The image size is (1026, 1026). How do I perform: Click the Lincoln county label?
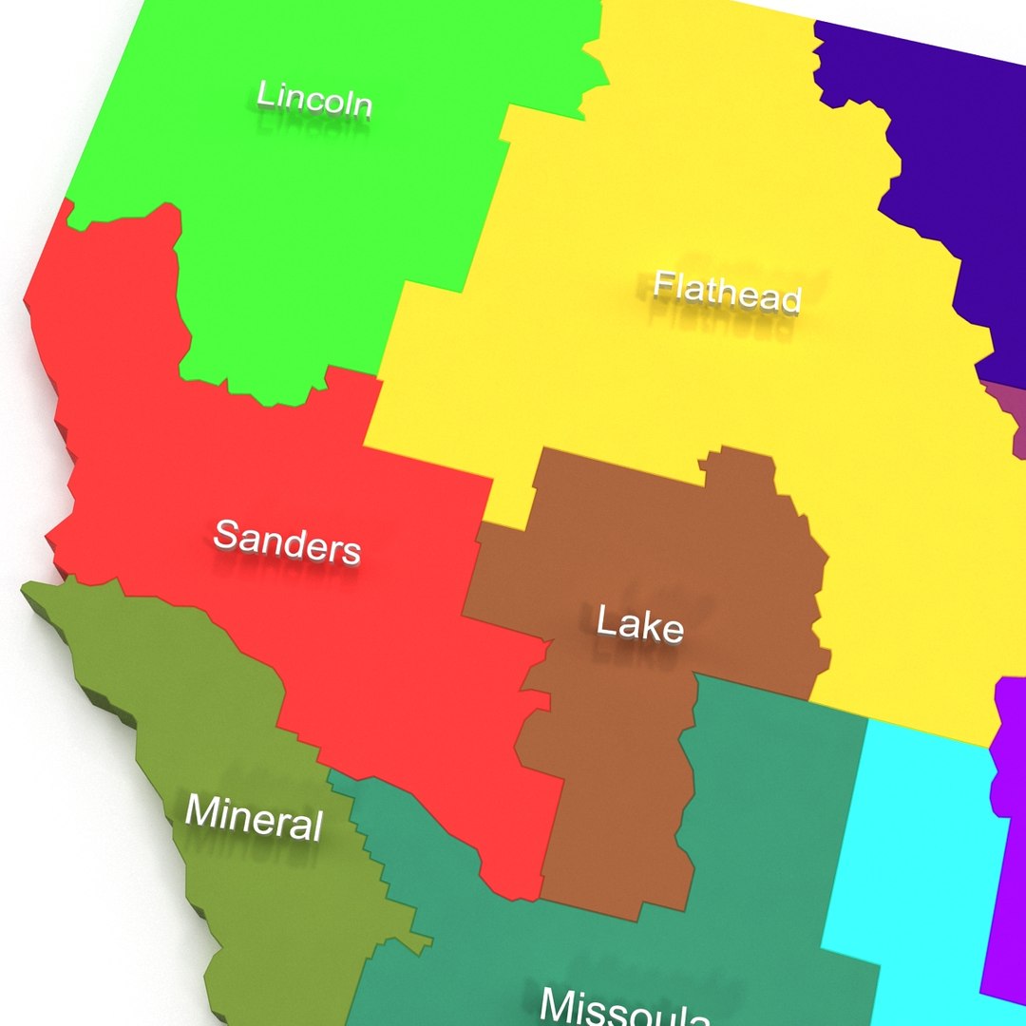point(314,99)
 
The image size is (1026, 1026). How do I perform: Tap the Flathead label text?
point(728,292)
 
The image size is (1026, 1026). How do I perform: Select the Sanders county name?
point(287,541)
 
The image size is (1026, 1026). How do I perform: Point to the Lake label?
point(639,625)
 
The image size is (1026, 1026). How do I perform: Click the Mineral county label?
point(254,817)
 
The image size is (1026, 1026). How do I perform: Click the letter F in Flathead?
point(663,283)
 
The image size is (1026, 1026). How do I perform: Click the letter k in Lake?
point(649,624)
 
